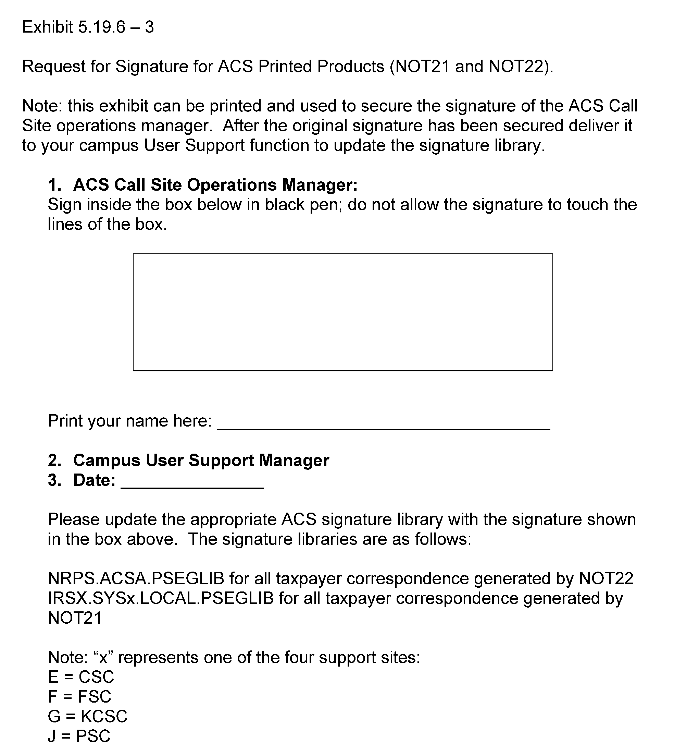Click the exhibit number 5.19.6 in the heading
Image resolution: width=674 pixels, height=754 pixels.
(102, 27)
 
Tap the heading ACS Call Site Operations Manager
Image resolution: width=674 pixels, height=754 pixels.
(215, 184)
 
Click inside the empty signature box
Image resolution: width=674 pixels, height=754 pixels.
(342, 312)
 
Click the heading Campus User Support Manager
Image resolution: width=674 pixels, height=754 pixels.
(201, 460)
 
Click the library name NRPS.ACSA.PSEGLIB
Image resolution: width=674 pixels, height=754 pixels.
(136, 579)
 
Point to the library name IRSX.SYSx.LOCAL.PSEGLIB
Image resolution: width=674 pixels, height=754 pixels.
(161, 598)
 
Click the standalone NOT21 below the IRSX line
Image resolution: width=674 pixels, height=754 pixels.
(75, 618)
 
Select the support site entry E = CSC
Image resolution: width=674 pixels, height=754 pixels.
(81, 677)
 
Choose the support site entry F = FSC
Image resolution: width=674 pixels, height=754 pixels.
(79, 696)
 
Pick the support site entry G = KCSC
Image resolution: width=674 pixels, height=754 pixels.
(87, 716)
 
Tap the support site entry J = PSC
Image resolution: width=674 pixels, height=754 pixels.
(79, 736)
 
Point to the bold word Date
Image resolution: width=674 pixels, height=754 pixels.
(94, 480)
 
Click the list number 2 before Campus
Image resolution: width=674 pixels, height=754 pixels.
(54, 460)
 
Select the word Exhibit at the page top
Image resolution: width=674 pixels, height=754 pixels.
(47, 27)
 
